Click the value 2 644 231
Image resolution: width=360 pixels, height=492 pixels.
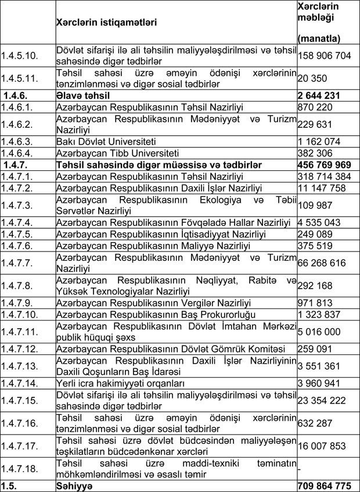coord(321,94)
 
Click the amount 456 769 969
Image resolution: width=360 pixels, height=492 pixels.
coord(326,165)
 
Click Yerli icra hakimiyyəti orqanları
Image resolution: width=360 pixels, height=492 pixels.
coord(120,383)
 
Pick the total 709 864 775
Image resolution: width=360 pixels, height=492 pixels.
coord(326,486)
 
